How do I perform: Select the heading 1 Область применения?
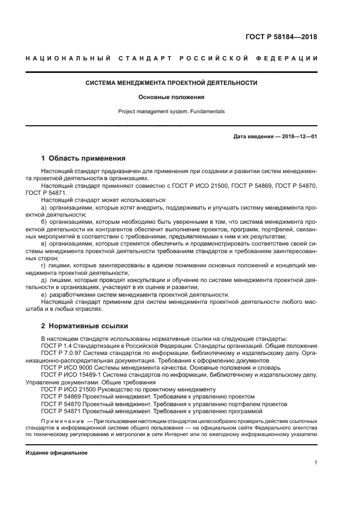83,158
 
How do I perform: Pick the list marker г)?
44,265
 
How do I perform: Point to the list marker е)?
44,295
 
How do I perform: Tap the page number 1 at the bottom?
315,463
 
